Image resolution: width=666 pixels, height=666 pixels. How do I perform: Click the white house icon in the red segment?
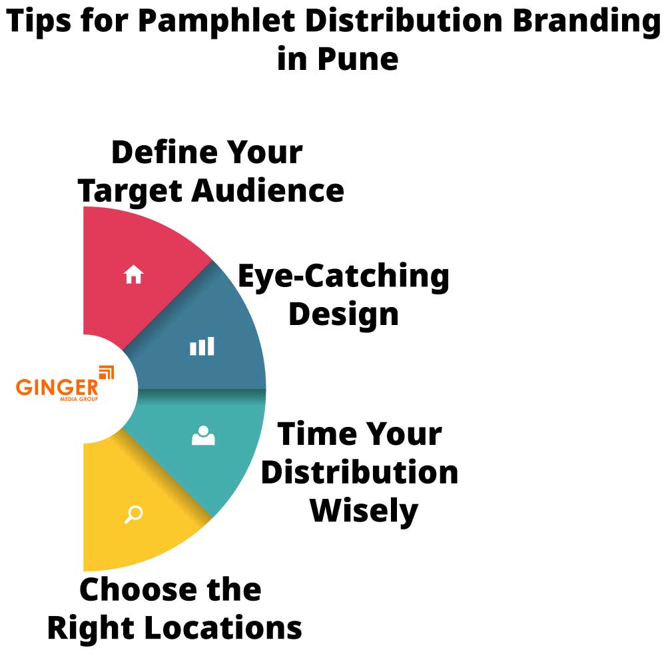coord(134,274)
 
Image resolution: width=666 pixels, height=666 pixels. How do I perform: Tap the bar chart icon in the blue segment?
coord(202,346)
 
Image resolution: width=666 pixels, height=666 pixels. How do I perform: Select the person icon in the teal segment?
coord(203,436)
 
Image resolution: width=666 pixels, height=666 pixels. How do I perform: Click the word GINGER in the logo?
coord(57,388)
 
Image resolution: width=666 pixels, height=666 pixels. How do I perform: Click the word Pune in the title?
coord(357,59)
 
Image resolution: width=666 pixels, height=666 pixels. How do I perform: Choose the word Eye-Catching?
coord(344,276)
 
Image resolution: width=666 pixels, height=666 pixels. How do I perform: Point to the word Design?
coord(344,314)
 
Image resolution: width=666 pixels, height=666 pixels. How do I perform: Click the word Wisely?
coord(364,511)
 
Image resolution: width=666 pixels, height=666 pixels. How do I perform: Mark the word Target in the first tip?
coord(131,191)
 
